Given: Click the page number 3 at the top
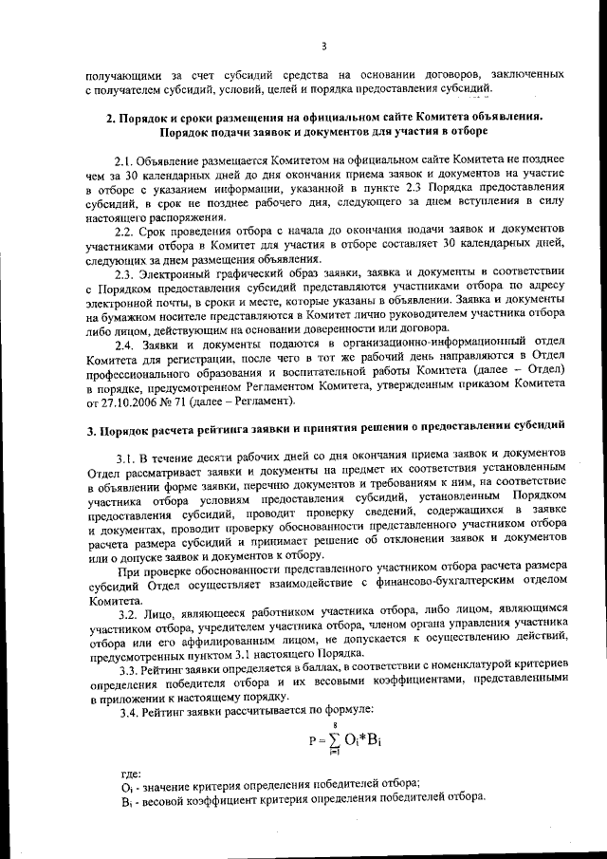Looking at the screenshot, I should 323,45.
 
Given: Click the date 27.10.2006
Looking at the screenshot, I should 124,402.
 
